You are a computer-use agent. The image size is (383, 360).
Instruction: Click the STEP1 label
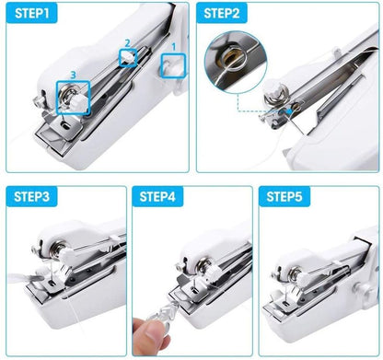pos(32,14)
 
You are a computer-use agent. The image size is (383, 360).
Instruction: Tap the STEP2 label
pos(222,14)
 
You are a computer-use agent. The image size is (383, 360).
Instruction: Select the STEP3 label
pos(32,196)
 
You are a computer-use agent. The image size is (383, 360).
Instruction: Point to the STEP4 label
pos(157,196)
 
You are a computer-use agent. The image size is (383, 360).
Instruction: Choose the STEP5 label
pos(284,196)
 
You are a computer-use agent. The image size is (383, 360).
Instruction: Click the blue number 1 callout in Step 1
pos(174,47)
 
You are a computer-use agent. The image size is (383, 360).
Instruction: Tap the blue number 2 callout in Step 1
pos(127,43)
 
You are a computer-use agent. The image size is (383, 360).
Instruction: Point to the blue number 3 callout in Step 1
pos(73,75)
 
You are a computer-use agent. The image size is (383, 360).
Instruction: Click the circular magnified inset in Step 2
pos(236,62)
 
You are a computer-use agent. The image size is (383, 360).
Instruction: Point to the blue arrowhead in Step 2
pos(289,111)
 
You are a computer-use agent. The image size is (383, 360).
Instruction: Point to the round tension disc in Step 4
pos(203,264)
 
